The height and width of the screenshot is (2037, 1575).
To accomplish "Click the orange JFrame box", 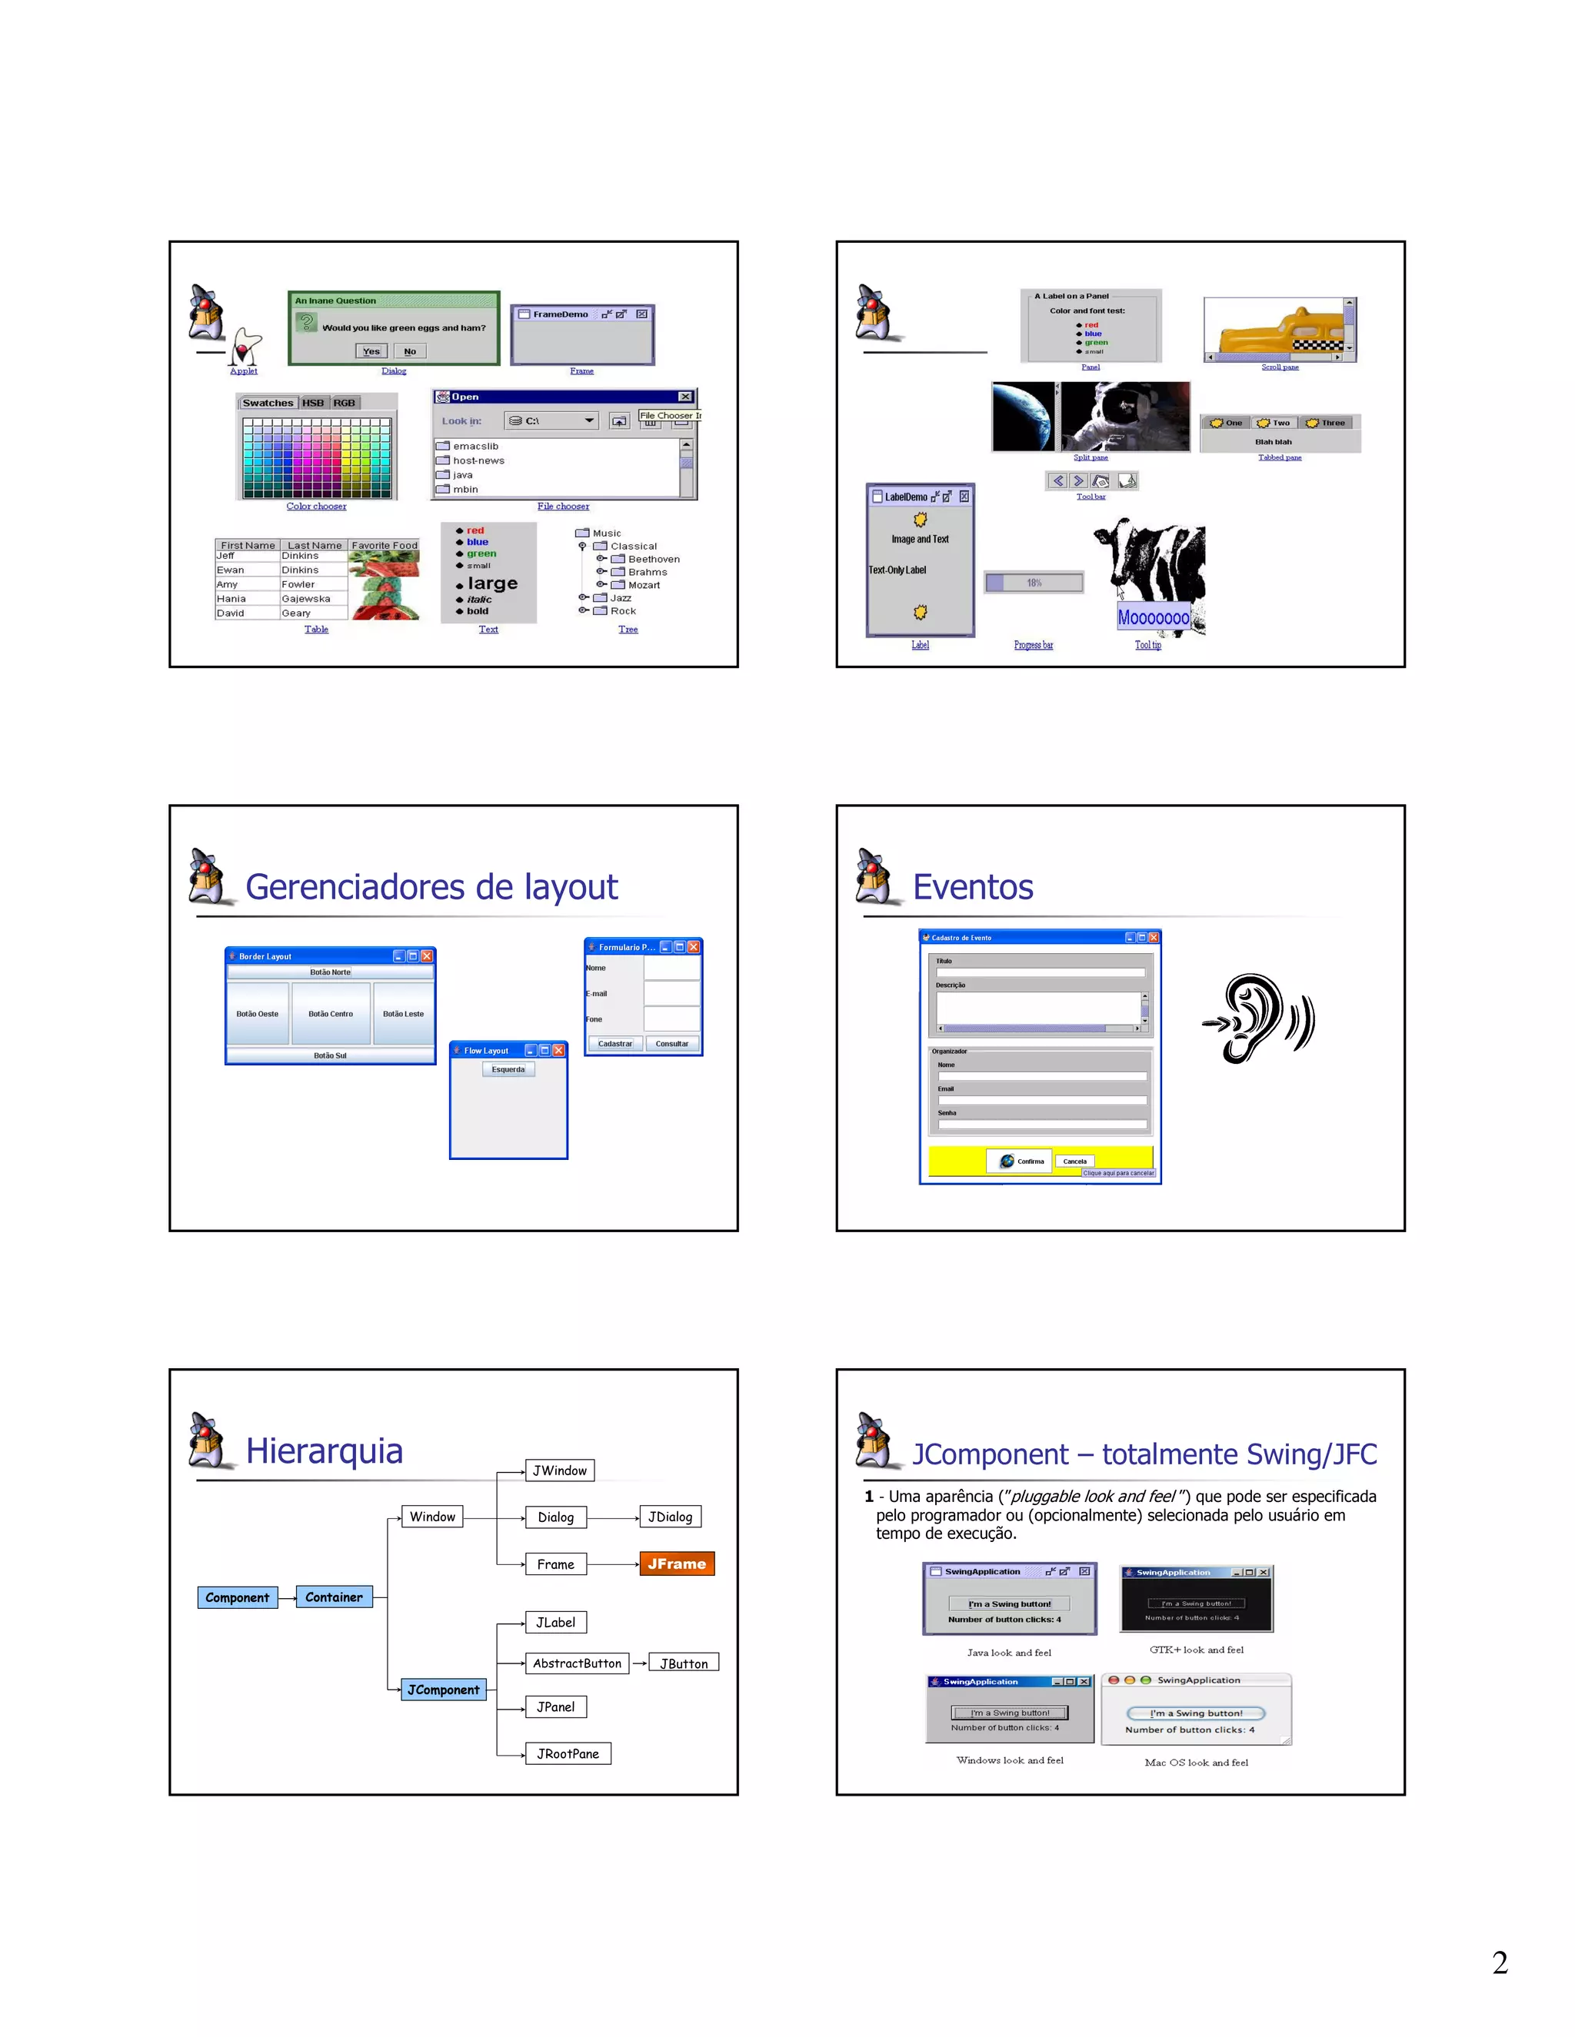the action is tap(677, 1563).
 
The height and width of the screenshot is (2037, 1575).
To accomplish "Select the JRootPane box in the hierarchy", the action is tap(568, 1753).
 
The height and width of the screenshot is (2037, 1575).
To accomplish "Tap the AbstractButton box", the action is tap(577, 1663).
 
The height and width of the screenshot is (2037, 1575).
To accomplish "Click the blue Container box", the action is tap(333, 1597).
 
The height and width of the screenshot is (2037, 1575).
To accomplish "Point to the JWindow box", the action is tap(559, 1470).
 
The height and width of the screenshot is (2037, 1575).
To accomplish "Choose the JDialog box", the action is tap(670, 1517).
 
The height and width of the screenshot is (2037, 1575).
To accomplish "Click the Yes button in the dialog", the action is tap(371, 351).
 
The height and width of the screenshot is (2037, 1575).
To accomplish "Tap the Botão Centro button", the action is tap(330, 1014).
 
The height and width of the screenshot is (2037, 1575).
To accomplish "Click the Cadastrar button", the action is tap(615, 1044).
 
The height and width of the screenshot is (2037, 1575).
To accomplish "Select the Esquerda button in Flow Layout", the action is tap(508, 1070).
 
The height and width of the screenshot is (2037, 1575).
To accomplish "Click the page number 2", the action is tap(1500, 1962).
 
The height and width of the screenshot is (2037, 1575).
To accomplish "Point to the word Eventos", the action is tap(972, 887).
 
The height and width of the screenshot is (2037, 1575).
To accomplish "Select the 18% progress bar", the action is tap(1034, 583).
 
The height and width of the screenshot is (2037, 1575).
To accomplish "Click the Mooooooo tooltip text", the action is tap(1154, 617).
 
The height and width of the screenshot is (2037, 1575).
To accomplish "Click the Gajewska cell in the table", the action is tap(306, 599).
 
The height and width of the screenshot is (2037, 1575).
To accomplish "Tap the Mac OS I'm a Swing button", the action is tap(1195, 1713).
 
